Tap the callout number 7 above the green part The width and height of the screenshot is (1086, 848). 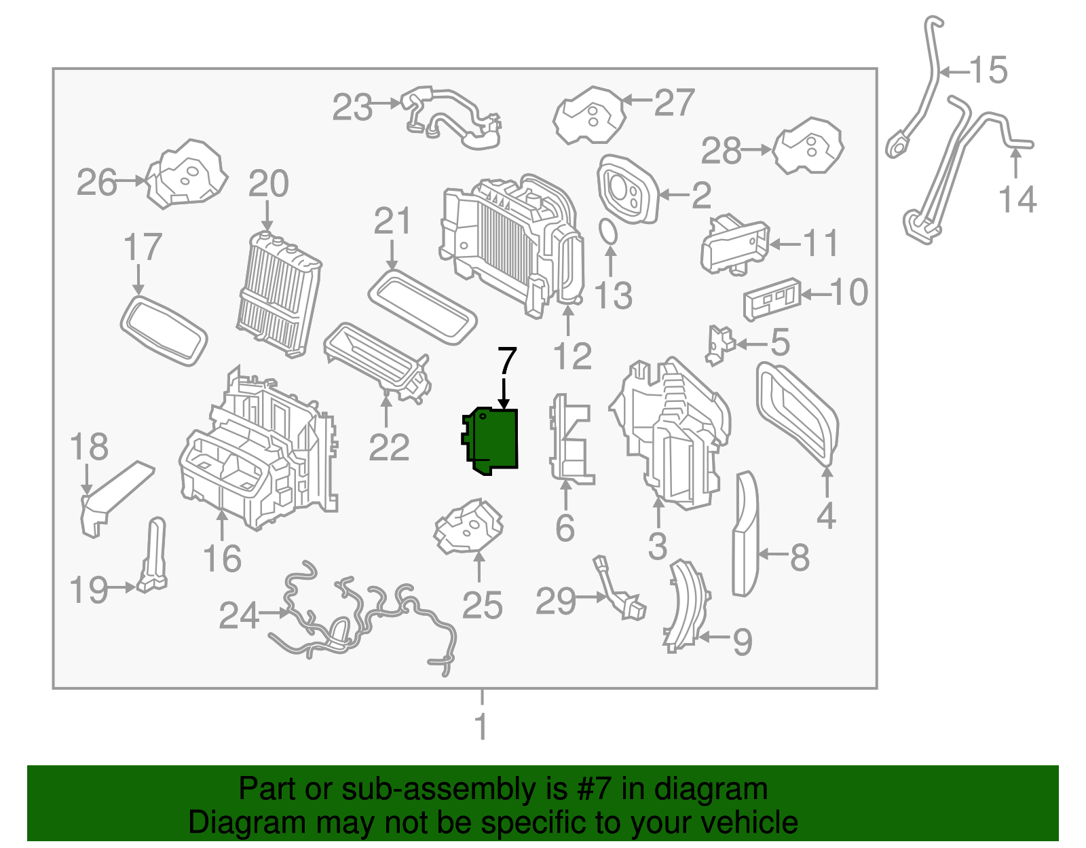(x=507, y=362)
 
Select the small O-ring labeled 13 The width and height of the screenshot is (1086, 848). (x=609, y=232)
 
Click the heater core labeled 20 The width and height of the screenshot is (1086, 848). (x=279, y=293)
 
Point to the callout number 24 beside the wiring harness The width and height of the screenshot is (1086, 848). (x=239, y=616)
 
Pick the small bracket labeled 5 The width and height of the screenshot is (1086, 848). (x=719, y=344)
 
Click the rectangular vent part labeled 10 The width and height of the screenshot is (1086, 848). (x=772, y=299)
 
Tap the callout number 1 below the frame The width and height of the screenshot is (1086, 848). (x=481, y=727)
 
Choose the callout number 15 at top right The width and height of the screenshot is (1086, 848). (x=988, y=71)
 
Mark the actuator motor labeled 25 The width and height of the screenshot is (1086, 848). (x=469, y=527)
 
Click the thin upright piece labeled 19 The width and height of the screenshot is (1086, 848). (x=154, y=554)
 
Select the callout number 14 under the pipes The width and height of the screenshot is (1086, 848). (x=1017, y=200)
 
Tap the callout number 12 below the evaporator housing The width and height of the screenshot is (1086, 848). (x=572, y=356)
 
